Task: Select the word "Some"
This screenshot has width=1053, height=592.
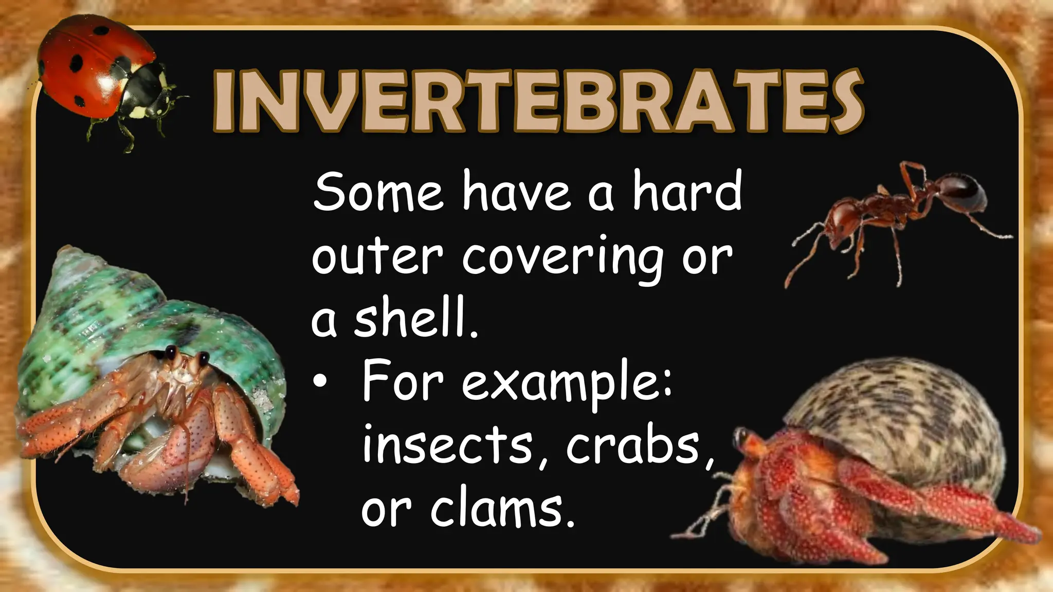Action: [x=378, y=193]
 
